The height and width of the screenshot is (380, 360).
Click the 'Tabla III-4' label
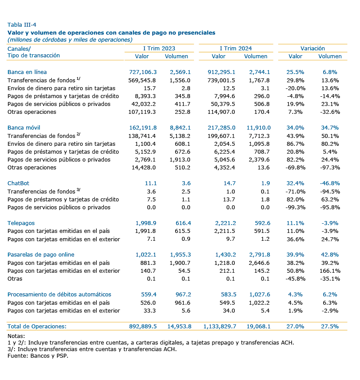point(22,25)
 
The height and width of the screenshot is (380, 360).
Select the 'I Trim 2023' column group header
point(159,48)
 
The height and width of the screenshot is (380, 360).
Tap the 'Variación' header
point(313,48)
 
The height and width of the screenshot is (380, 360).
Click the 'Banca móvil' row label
point(24,128)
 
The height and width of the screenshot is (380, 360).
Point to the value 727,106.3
point(143,72)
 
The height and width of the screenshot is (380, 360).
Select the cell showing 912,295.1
point(221,72)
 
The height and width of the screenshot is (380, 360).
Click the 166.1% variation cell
point(330,271)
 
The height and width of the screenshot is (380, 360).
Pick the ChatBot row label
point(18,183)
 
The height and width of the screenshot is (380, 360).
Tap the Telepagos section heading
point(21,223)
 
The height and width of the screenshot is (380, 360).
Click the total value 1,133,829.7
point(220,327)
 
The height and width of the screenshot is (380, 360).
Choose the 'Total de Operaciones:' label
point(37,327)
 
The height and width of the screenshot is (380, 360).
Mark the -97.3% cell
point(330,168)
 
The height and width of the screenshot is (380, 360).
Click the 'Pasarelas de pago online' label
point(41,255)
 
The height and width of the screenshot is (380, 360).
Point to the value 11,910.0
point(259,128)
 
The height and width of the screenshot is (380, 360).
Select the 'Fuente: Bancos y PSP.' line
point(38,356)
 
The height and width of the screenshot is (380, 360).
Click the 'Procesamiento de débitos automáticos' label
point(59,295)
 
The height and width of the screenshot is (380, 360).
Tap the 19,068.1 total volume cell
point(258,327)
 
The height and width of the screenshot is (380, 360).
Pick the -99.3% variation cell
point(295,207)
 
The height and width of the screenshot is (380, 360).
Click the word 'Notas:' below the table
point(16,336)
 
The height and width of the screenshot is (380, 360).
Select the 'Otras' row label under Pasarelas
point(15,279)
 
